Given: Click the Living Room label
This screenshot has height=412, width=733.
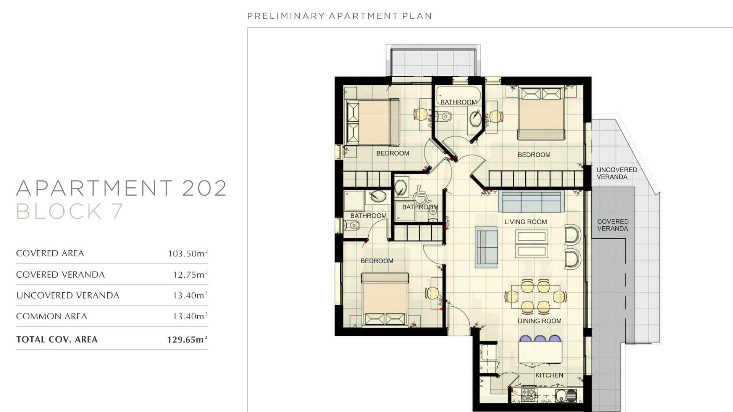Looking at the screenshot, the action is pos(525,222).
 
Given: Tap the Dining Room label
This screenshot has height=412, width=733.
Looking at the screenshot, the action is pos(539,321).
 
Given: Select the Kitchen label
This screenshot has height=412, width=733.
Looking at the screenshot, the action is pos(549,375).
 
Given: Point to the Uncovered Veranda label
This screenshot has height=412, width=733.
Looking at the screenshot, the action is pos(617,173).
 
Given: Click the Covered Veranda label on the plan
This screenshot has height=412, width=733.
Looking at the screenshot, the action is pos(613,225).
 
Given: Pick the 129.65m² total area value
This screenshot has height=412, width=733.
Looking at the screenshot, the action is pos(187,340).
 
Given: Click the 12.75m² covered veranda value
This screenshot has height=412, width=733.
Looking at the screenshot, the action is pos(190,275).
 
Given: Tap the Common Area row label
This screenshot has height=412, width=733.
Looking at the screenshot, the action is pos(52,316).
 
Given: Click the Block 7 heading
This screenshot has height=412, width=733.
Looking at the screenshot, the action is pos(69,211).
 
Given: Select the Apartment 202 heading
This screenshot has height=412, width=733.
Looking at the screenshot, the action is pos(121,188).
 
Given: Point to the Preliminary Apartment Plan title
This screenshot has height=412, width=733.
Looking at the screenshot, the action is pos(339,16).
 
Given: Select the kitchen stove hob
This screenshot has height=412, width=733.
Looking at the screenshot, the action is pos(529,395).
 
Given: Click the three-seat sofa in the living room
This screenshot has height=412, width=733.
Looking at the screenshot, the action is pos(531,201).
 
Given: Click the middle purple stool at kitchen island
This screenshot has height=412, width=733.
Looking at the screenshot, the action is pos(540,338).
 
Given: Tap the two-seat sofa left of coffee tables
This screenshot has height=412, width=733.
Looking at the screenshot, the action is pos(486,247).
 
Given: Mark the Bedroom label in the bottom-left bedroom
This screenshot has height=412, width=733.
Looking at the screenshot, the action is pos(377,261).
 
